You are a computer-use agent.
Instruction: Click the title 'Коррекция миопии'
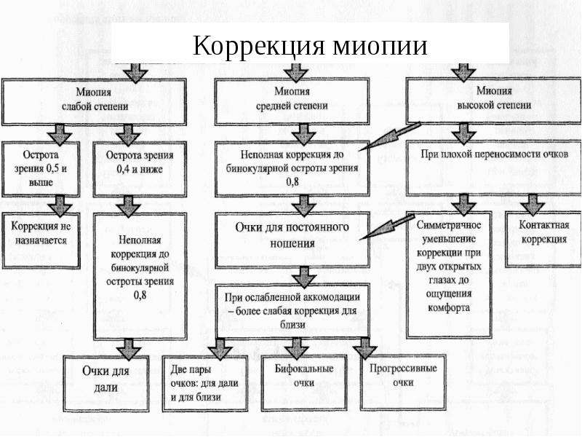(x=310, y=45)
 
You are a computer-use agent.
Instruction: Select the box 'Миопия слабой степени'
(x=95, y=101)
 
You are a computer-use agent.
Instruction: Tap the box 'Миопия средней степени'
(x=292, y=101)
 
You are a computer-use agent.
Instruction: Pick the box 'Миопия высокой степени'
(x=494, y=101)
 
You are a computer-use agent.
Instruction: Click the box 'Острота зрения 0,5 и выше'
(x=41, y=169)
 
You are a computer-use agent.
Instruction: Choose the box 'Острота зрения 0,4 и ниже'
(x=140, y=169)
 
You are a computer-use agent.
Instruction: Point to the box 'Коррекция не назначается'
(x=41, y=240)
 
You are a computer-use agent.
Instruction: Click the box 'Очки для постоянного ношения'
(x=292, y=240)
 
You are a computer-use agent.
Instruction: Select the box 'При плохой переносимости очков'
(x=494, y=168)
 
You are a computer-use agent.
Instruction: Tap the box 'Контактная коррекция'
(x=543, y=239)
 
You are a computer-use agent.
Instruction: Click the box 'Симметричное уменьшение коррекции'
(x=449, y=275)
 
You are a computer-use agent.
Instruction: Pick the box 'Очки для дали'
(x=105, y=384)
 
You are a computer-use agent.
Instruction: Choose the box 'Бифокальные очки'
(x=303, y=383)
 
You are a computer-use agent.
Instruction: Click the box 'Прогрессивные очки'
(x=403, y=382)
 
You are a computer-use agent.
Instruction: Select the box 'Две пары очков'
(x=205, y=384)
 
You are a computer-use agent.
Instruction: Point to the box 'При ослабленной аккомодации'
(x=292, y=312)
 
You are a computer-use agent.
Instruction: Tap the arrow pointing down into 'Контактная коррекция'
(x=533, y=204)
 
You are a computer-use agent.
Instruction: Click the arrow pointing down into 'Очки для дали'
(x=129, y=349)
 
